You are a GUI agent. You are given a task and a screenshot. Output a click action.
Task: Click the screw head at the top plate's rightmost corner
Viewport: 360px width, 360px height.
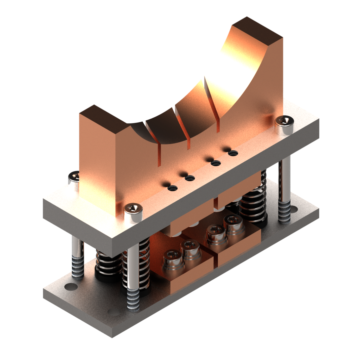pyautogui.click(x=284, y=122)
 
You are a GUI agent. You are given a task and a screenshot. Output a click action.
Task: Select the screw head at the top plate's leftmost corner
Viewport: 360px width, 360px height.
pyautogui.click(x=74, y=177)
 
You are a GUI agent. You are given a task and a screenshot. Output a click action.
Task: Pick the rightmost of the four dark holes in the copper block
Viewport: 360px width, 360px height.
pyautogui.click(x=233, y=153)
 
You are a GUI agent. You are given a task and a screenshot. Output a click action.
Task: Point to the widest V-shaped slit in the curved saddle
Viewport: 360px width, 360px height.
pyautogui.click(x=211, y=99)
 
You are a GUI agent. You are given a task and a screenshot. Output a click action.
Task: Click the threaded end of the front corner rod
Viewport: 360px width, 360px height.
pyautogui.click(x=133, y=300)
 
